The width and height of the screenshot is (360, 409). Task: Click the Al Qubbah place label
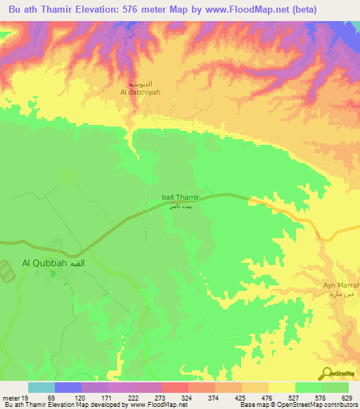[44, 263]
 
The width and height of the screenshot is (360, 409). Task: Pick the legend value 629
[346, 397]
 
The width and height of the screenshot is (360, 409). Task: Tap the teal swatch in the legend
[41, 387]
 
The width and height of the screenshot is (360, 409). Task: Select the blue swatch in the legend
[67, 387]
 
